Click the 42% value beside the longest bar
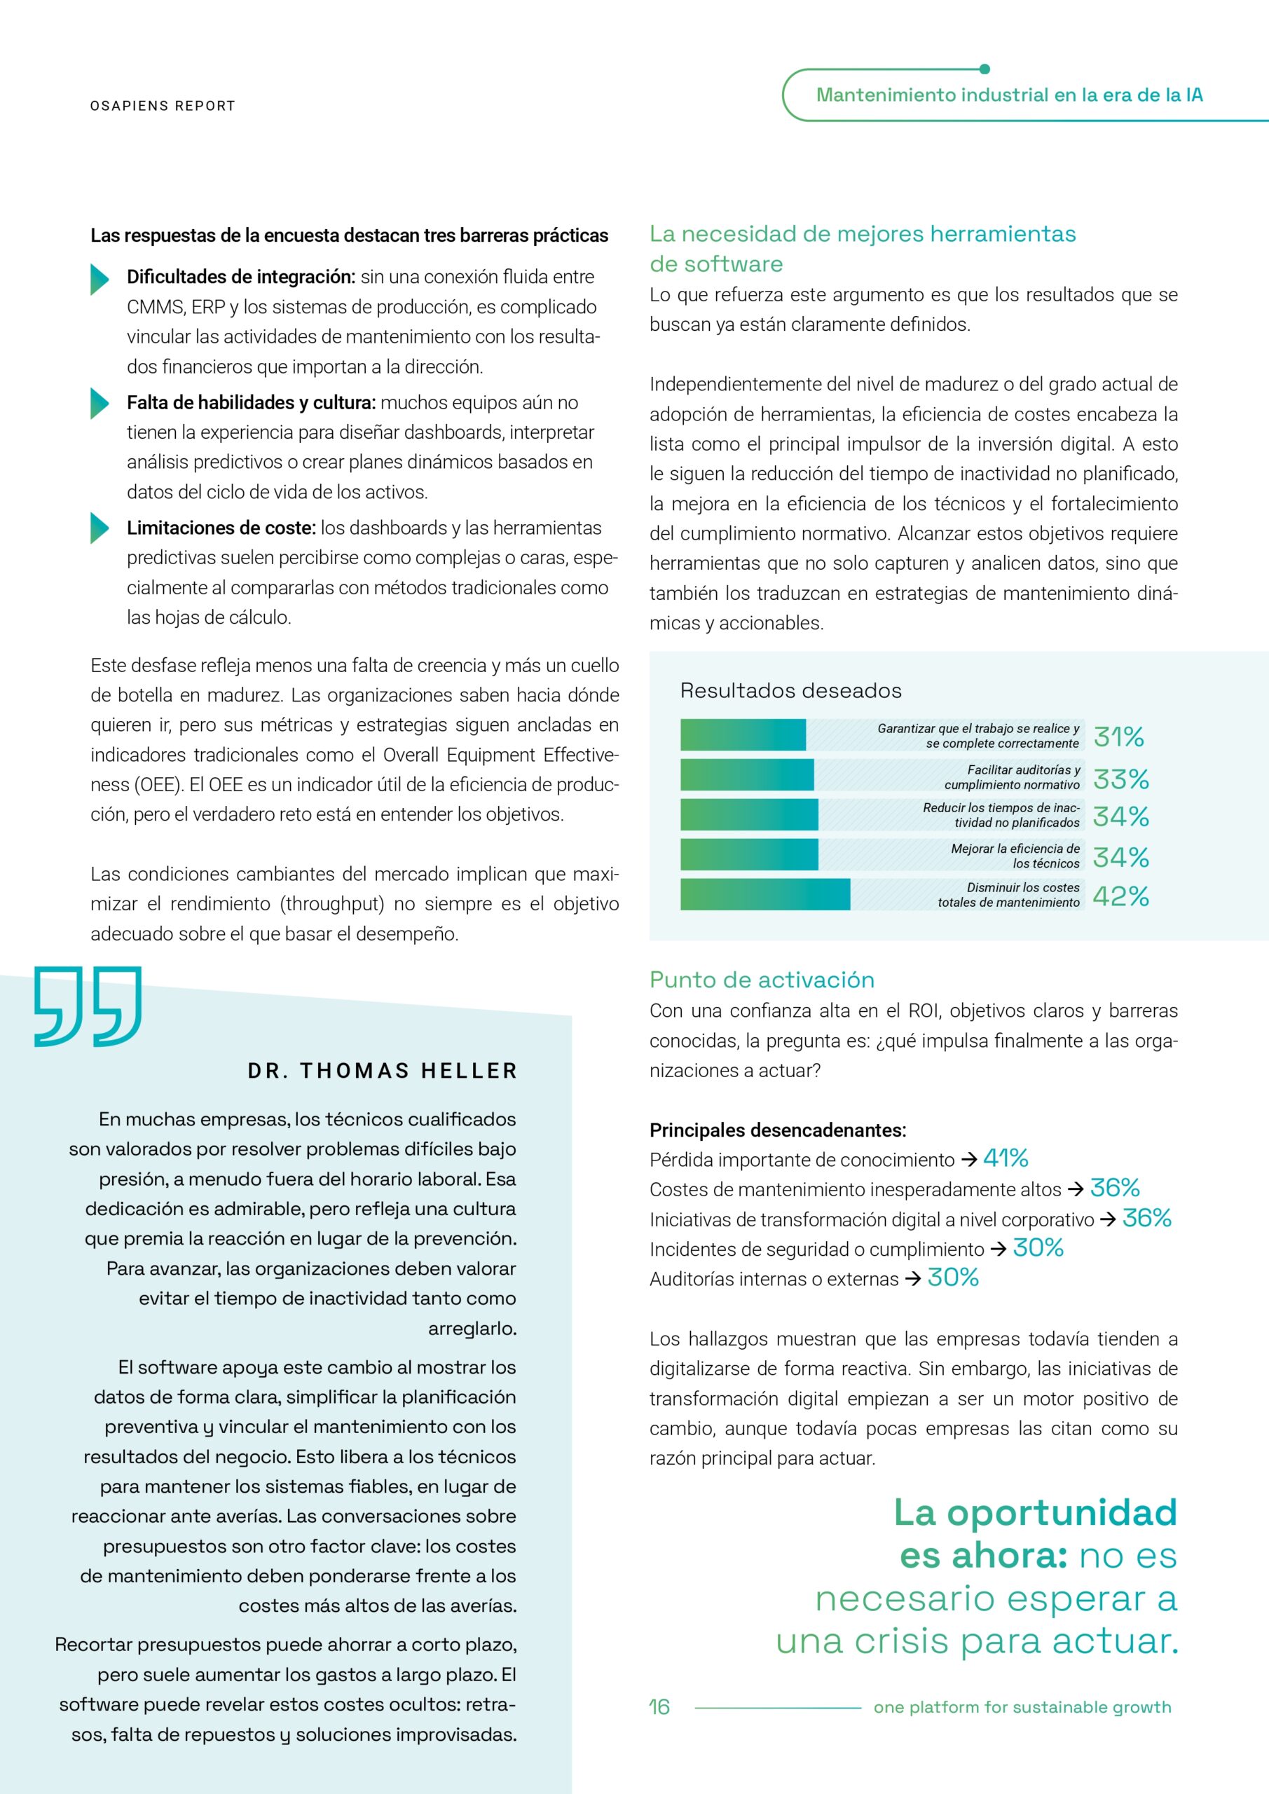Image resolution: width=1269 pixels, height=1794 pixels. (1120, 896)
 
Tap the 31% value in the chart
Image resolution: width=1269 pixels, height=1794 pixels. (1118, 736)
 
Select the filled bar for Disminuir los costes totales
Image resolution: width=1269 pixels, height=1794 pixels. (764, 895)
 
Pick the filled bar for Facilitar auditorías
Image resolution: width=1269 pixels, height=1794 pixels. (746, 775)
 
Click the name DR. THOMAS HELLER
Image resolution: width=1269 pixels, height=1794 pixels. (382, 1071)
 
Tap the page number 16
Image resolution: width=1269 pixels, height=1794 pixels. (659, 1706)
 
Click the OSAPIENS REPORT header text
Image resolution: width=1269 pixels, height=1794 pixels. (163, 107)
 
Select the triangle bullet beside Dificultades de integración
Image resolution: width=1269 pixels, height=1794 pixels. (100, 279)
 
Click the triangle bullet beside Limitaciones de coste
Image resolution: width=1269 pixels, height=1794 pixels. (100, 528)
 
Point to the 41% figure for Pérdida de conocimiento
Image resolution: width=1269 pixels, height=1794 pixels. (1005, 1158)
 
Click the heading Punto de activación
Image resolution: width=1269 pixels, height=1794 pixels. (761, 980)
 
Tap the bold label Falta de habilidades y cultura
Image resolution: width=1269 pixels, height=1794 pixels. (251, 403)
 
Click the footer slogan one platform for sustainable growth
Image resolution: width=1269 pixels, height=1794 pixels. (1022, 1707)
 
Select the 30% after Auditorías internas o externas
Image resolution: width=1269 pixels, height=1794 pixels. (952, 1278)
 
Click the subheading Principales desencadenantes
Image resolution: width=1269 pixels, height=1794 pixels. (778, 1130)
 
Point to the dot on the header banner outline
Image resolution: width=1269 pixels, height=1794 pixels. (984, 69)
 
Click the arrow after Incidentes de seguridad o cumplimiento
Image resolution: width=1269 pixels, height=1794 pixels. (998, 1249)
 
